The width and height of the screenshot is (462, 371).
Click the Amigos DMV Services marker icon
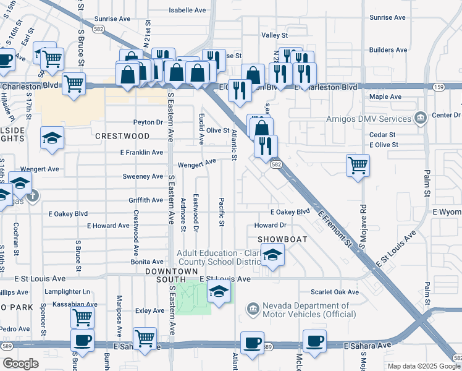[x=421, y=117]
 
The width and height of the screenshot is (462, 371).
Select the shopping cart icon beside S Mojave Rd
[x=358, y=166]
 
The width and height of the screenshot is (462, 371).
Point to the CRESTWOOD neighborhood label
[x=122, y=135]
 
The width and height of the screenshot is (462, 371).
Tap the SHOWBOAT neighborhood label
[x=279, y=238]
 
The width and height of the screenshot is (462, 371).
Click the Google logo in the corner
[x=20, y=363]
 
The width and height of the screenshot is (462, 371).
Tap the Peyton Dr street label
[x=148, y=122]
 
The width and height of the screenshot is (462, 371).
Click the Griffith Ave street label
[x=146, y=200]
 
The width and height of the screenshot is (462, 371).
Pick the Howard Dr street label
[x=270, y=226]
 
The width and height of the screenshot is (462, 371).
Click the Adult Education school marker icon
[x=272, y=255]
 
